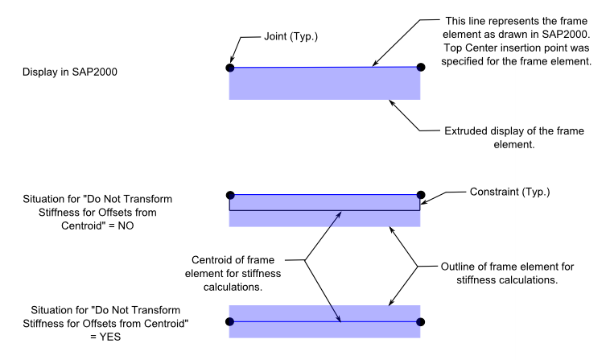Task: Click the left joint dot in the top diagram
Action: click(x=230, y=68)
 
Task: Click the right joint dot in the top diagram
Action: click(x=420, y=68)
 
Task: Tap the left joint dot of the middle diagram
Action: click(x=230, y=194)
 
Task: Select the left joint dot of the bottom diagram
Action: click(x=230, y=321)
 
